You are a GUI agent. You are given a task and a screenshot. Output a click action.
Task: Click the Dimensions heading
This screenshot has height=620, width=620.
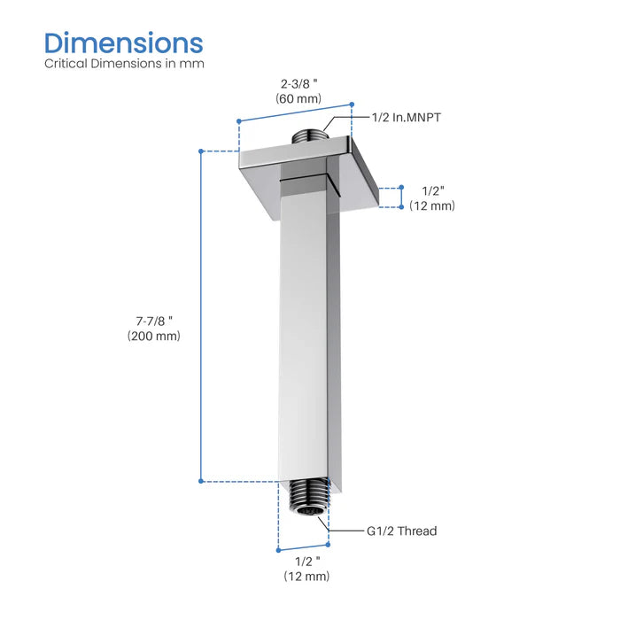(x=123, y=43)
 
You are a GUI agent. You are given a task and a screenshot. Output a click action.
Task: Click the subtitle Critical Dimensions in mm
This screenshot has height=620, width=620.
(x=124, y=64)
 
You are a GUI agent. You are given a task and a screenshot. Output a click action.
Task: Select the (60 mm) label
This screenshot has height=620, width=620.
(x=295, y=100)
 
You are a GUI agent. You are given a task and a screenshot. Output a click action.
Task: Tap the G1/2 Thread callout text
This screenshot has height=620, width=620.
(x=401, y=531)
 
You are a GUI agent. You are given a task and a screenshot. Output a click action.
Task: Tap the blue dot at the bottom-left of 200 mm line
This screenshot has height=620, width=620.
(x=202, y=481)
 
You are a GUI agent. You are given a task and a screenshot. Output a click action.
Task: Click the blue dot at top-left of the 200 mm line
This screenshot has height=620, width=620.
(x=202, y=151)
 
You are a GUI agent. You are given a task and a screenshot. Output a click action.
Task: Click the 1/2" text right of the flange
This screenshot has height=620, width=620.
(x=432, y=190)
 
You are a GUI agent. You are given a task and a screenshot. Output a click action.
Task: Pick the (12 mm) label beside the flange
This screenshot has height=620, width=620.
(x=432, y=205)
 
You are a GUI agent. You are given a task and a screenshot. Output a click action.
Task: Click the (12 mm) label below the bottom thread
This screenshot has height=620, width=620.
(x=306, y=577)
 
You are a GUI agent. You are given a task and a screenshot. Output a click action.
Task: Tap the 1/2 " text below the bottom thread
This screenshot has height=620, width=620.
(x=306, y=562)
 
